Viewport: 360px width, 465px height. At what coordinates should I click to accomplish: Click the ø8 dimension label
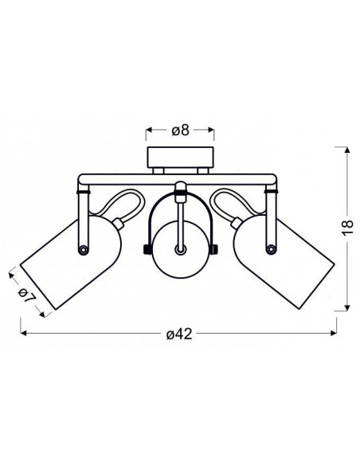[180, 131]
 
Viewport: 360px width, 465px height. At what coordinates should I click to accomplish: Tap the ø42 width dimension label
[179, 334]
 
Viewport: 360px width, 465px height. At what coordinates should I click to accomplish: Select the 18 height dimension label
[347, 227]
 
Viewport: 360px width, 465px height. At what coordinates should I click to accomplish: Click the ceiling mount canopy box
[180, 158]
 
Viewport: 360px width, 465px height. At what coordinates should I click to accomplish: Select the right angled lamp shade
[284, 262]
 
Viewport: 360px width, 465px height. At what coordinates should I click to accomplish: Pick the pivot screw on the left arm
[83, 249]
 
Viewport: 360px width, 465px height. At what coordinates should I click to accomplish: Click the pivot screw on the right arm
[271, 249]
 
